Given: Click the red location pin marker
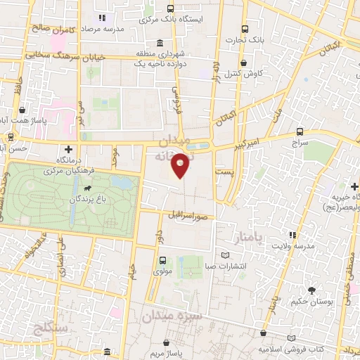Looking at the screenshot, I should coord(181,164).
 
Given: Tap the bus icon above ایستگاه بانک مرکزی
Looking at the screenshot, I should coord(170,9).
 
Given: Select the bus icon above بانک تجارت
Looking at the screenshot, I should coord(244,30).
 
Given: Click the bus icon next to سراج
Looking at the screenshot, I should coord(300,131).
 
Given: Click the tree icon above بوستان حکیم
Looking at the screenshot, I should coord(310,290).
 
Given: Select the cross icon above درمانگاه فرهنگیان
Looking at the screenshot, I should coord(68,149).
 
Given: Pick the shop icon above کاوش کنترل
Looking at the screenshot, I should coord(246,62).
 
